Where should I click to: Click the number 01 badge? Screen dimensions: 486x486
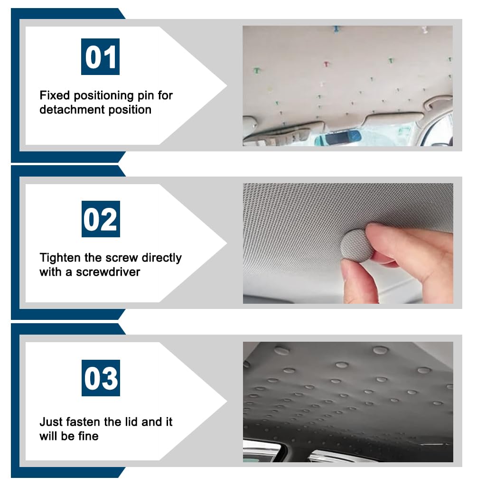click(100, 57)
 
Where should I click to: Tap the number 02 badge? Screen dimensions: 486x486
click(101, 219)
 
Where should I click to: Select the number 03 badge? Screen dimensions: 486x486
click(101, 378)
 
